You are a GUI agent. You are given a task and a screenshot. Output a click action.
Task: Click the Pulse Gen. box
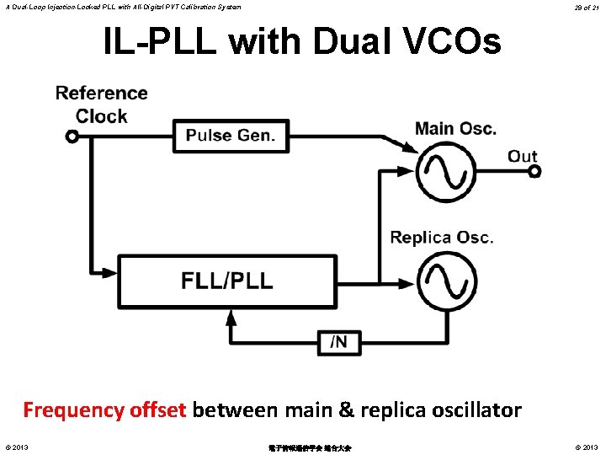click(230, 135)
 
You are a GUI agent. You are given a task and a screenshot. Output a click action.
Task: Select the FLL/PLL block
click(226, 281)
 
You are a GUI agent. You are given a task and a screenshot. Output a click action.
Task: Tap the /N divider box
click(339, 342)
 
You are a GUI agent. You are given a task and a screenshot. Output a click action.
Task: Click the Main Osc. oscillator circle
click(448, 173)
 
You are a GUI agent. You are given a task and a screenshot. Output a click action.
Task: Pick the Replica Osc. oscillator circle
click(448, 281)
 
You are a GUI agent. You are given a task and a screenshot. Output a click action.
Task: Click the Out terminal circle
click(534, 172)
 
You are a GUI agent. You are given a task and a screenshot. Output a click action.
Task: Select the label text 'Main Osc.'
click(455, 129)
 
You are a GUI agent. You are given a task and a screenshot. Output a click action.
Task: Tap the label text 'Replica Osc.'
click(441, 238)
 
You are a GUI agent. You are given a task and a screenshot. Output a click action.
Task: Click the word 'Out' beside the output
click(522, 156)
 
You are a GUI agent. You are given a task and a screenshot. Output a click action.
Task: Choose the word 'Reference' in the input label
click(101, 94)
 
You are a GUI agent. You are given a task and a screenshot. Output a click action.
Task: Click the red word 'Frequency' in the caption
click(74, 410)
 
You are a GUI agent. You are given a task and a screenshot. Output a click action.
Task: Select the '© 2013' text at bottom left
click(16, 447)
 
